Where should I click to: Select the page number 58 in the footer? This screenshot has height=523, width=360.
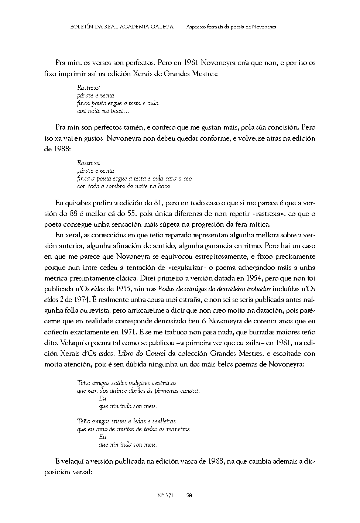coord(189,495)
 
